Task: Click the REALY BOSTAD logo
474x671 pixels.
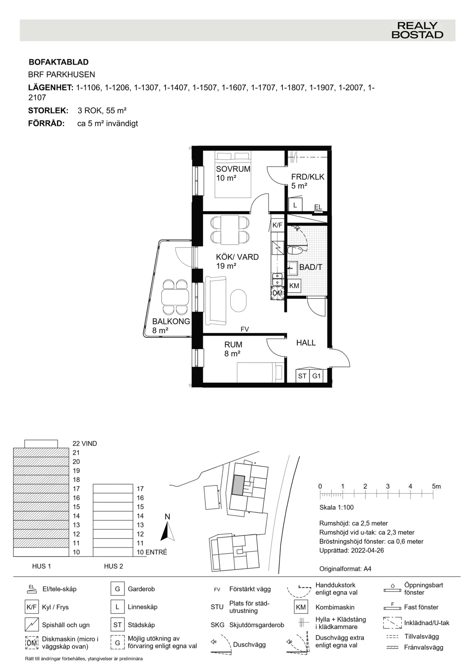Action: (417, 30)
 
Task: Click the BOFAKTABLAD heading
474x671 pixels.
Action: (58, 62)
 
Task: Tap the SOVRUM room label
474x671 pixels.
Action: (233, 169)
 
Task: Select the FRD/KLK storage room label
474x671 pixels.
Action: (307, 177)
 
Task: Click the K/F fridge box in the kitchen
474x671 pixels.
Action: (278, 225)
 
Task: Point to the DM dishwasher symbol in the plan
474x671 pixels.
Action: (278, 293)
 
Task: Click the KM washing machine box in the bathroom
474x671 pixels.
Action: (294, 286)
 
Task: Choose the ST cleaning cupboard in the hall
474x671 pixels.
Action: (302, 376)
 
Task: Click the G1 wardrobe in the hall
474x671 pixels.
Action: (316, 376)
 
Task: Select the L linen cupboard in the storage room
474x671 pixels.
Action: (295, 205)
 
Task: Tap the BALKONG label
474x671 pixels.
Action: (171, 321)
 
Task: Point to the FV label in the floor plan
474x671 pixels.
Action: (245, 329)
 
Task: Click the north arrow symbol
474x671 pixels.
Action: (168, 531)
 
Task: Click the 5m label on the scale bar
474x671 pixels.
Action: (436, 486)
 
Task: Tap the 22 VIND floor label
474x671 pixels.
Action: (85, 444)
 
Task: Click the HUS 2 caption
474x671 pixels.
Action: (113, 566)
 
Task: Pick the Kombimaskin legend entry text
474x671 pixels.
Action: (335, 607)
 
